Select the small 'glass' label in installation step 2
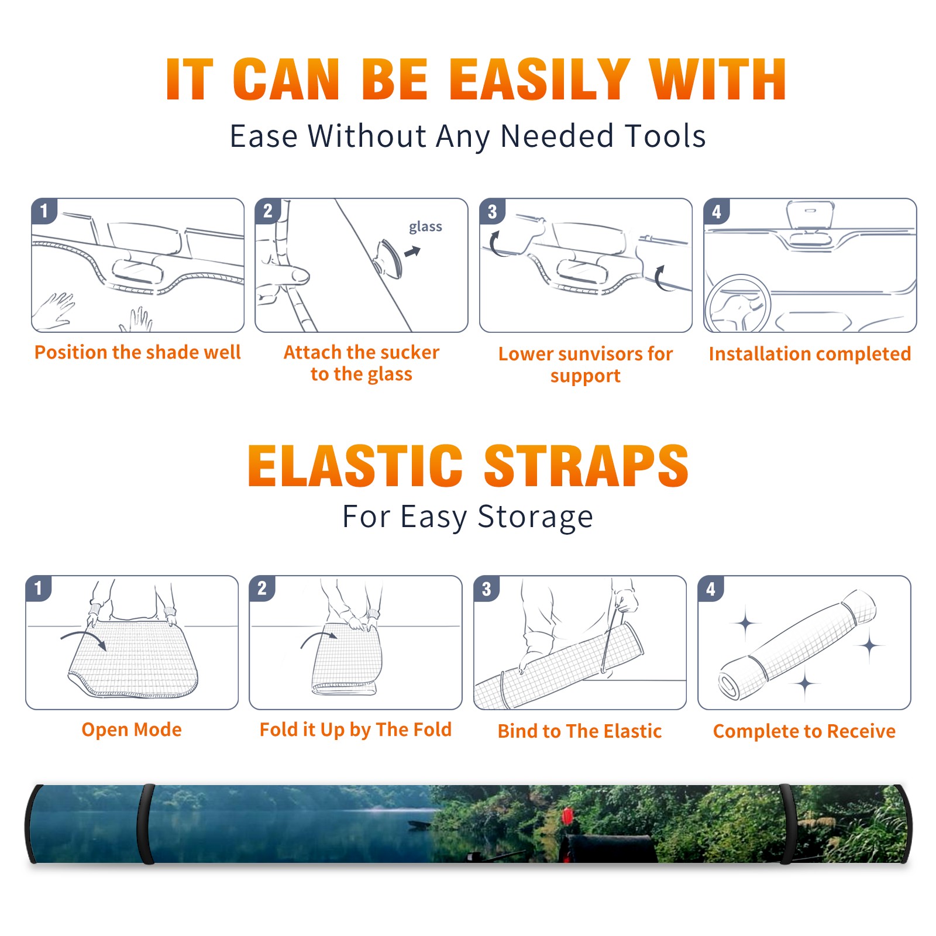425,227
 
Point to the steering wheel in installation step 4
738,305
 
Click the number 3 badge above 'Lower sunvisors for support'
492,211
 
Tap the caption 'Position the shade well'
137,352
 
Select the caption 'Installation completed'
810,353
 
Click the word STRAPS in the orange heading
586,466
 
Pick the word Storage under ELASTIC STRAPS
535,517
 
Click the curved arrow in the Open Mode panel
84,639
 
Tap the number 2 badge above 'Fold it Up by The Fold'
262,588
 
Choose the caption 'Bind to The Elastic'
579,731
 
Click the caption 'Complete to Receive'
804,731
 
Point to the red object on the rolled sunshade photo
567,816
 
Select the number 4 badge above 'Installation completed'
717,211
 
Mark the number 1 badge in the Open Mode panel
39,588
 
